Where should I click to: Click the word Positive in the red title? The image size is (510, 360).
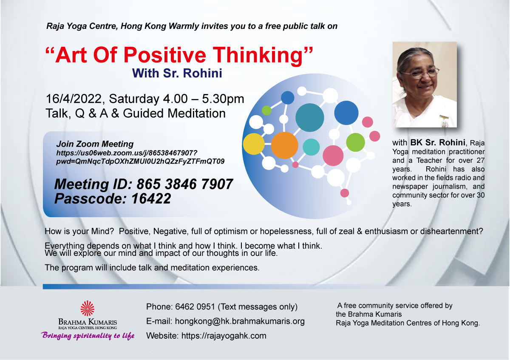pos(165,55)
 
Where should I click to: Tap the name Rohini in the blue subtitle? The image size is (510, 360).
pos(202,73)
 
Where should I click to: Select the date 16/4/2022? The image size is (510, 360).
pos(74,99)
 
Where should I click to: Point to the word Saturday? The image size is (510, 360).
pos(134,99)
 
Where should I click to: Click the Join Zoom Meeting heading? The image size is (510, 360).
pos(95,144)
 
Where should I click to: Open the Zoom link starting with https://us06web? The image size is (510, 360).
pos(140,157)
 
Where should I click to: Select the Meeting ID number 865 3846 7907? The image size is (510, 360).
pos(184,184)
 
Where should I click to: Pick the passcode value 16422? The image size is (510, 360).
pos(151,198)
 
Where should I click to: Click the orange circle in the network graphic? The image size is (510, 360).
pos(284,145)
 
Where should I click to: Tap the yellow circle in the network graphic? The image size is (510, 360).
pos(254,144)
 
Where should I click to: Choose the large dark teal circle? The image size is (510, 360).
pos(310,117)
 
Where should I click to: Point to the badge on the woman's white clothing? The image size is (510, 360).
pos(444,121)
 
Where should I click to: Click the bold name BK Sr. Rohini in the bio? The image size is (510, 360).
pos(437,142)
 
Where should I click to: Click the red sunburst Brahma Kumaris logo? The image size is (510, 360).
pos(88,308)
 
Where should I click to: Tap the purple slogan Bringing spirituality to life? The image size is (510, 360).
pos(88,336)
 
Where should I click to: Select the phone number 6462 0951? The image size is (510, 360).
pos(195,307)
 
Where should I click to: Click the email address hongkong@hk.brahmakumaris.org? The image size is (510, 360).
pos(240,321)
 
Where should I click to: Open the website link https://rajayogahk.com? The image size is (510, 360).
pos(224,336)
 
